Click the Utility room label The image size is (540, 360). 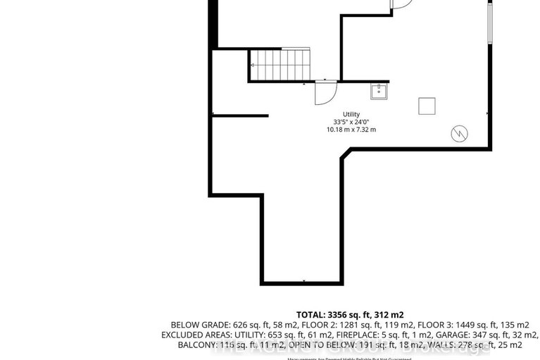[x=351, y=114]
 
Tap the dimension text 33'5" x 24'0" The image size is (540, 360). [x=351, y=122]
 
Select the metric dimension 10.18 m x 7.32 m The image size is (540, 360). [x=351, y=130]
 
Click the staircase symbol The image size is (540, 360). [x=280, y=64]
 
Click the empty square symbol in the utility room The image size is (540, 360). [x=427, y=106]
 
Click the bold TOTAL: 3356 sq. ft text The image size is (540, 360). [x=351, y=314]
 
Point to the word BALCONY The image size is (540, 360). [x=182, y=346]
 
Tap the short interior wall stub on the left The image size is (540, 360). [x=240, y=115]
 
